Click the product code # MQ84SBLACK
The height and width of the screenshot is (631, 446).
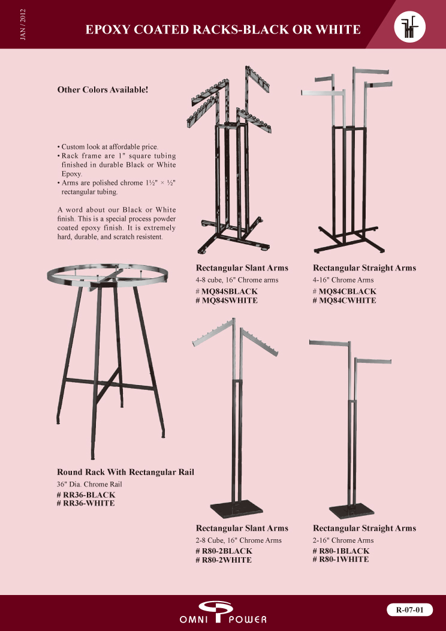click(227, 292)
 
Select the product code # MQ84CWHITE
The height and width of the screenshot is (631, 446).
click(344, 301)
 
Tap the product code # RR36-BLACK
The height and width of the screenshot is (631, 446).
click(86, 495)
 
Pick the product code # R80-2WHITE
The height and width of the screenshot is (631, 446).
click(224, 560)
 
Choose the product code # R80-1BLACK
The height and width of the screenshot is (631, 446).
click(341, 551)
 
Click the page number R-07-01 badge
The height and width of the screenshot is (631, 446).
click(410, 609)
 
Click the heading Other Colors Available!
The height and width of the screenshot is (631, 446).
click(103, 89)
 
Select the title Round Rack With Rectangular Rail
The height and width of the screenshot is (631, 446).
click(125, 472)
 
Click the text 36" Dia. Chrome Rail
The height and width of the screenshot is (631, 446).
click(89, 484)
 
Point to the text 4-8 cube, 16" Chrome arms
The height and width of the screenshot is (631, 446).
click(237, 280)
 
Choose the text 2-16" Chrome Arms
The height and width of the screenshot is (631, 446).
click(343, 540)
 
